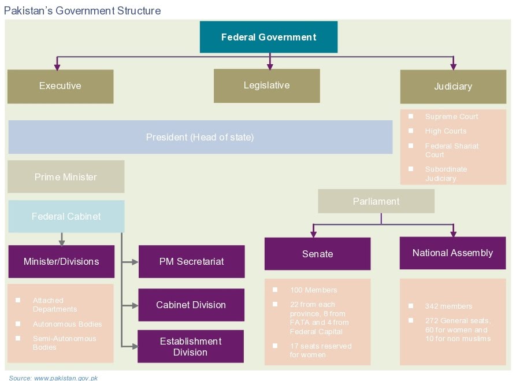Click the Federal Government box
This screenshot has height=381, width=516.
[x=269, y=37]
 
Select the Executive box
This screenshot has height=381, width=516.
[x=60, y=86]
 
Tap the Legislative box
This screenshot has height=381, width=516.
[x=266, y=86]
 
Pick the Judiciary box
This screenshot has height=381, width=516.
[x=453, y=87]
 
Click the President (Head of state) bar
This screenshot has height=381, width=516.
[x=200, y=137]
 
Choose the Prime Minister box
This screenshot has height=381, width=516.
[x=66, y=176]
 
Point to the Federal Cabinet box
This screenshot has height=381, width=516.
[x=66, y=216]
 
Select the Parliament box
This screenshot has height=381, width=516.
[x=376, y=201]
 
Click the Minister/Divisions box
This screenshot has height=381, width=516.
[x=61, y=261]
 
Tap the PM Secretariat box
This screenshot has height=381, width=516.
[x=191, y=261]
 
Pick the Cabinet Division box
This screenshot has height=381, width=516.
[x=191, y=305]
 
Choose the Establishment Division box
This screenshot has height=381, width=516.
[x=191, y=346]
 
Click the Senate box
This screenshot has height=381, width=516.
[x=317, y=254]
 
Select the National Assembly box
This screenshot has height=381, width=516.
[x=452, y=253]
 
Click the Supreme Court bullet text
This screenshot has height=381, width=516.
[x=451, y=117]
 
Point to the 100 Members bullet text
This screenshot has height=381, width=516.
[x=313, y=290]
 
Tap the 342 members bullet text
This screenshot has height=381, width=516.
[x=448, y=306]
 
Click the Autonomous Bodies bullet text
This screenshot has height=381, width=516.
[x=67, y=324]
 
